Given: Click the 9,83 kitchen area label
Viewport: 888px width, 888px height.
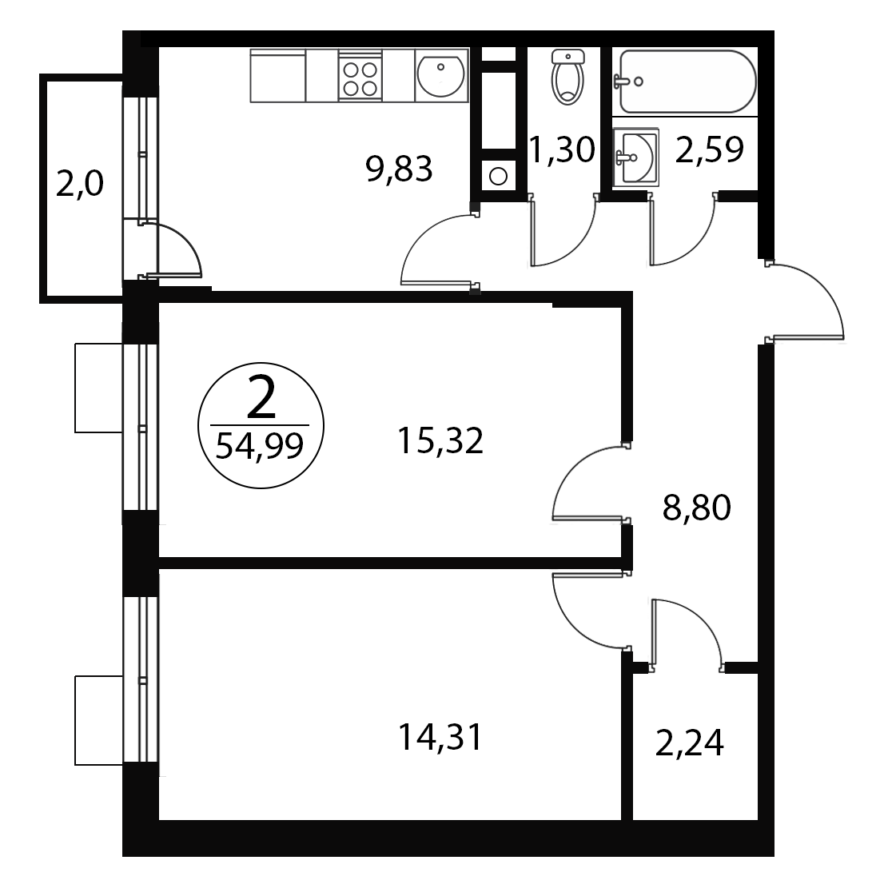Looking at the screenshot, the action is [x=400, y=169].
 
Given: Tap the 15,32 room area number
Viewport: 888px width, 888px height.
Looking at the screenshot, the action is [x=440, y=440].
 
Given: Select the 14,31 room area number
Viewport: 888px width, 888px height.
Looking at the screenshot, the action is [x=440, y=738].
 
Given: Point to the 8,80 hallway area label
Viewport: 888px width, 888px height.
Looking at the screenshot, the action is [x=697, y=508].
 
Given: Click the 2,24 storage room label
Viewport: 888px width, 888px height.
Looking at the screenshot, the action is [x=689, y=743].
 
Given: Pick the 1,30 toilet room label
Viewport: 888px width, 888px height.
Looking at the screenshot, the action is [x=562, y=149].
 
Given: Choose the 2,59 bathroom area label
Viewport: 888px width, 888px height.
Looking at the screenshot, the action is [x=709, y=149].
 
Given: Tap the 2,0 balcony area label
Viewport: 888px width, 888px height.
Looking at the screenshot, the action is [x=80, y=184].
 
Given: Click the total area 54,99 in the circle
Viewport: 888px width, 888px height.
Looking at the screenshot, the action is [x=260, y=447].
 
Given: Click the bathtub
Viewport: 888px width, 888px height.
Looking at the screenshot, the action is [x=687, y=82].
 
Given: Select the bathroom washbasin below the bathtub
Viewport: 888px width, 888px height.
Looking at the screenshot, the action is [x=635, y=157].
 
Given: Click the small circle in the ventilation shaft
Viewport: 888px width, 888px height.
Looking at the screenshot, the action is [x=498, y=177].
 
